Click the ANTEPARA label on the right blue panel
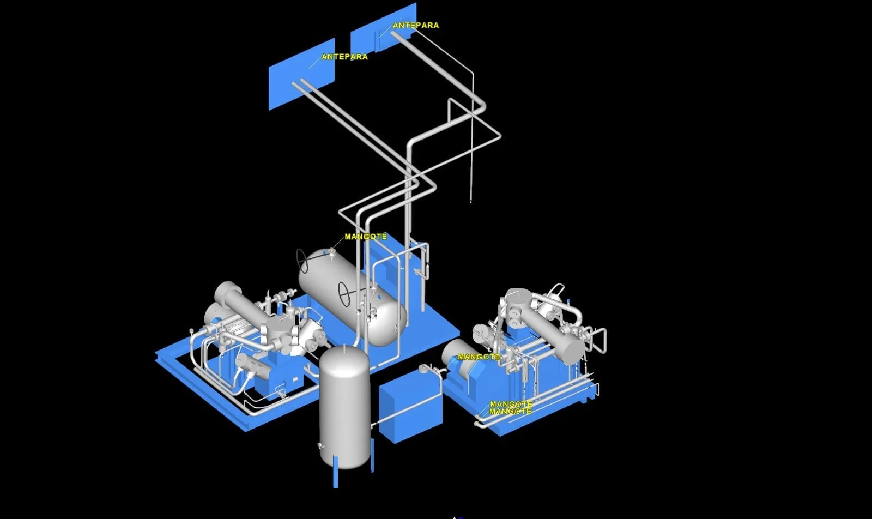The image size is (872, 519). [416, 25]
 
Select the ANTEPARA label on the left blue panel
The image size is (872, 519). [344, 57]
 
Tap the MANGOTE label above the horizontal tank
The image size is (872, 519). [366, 237]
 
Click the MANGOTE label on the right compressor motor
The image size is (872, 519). [479, 357]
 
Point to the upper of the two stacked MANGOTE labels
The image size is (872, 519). [511, 404]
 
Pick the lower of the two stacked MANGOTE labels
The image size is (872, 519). [510, 411]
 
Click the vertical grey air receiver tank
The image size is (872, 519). [344, 407]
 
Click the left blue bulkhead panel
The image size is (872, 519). [302, 74]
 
